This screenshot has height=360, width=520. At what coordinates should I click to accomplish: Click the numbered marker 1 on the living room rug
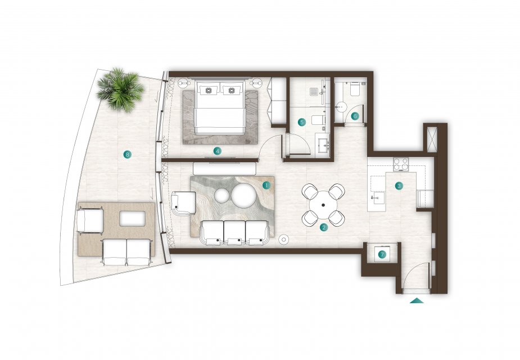click(266, 185)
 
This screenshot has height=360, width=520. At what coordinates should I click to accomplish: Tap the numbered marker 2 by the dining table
click(323, 227)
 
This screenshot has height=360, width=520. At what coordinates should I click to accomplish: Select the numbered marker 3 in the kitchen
click(399, 186)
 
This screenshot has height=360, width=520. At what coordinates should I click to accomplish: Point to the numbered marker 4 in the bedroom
click(217, 151)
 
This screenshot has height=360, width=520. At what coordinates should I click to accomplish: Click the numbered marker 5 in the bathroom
click(301, 122)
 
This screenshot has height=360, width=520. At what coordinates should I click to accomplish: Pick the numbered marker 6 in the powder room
click(355, 116)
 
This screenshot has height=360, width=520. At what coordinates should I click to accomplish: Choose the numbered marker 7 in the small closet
click(382, 255)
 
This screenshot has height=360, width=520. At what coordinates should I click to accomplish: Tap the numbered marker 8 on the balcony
click(127, 154)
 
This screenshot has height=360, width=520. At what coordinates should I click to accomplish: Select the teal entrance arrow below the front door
click(417, 300)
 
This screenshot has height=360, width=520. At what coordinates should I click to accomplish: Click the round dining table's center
click(323, 205)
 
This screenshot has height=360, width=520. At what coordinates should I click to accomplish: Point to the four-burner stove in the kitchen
click(401, 164)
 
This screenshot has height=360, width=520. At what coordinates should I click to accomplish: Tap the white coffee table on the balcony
click(132, 219)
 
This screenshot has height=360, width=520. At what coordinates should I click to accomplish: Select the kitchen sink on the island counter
click(377, 199)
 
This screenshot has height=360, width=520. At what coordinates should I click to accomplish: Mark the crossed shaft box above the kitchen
click(432, 139)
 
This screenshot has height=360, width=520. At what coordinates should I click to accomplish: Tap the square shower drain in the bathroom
click(314, 91)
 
